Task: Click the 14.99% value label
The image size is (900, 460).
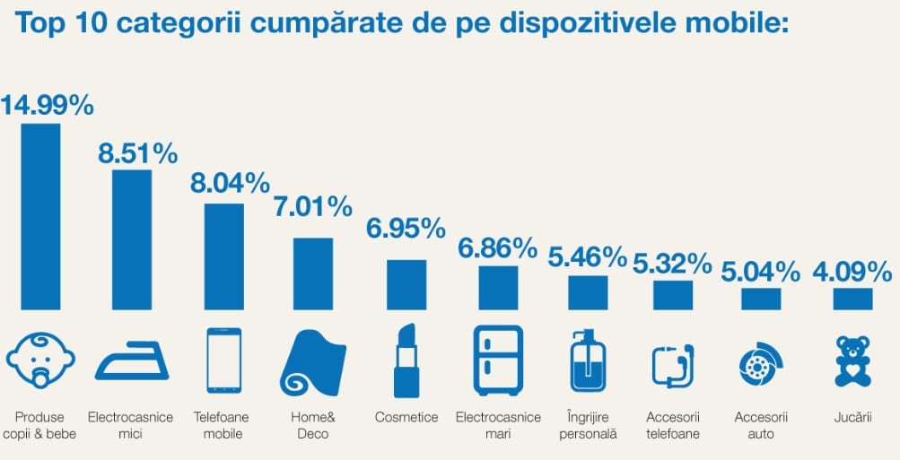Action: (47, 106)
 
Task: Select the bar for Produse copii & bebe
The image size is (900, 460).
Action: (40, 216)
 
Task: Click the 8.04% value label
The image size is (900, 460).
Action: (230, 184)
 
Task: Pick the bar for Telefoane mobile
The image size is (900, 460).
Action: (223, 256)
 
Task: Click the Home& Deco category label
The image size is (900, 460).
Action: (313, 425)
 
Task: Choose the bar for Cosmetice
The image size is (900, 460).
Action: (406, 285)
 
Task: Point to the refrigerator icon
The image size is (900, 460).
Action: (498, 360)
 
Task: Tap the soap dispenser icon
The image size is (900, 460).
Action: (588, 360)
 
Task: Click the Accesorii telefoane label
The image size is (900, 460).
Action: (672, 425)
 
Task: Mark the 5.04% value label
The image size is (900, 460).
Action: (761, 271)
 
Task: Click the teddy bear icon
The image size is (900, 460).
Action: (852, 361)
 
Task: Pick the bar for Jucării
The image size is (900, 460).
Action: (852, 299)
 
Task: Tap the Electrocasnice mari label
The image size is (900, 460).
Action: (498, 425)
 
